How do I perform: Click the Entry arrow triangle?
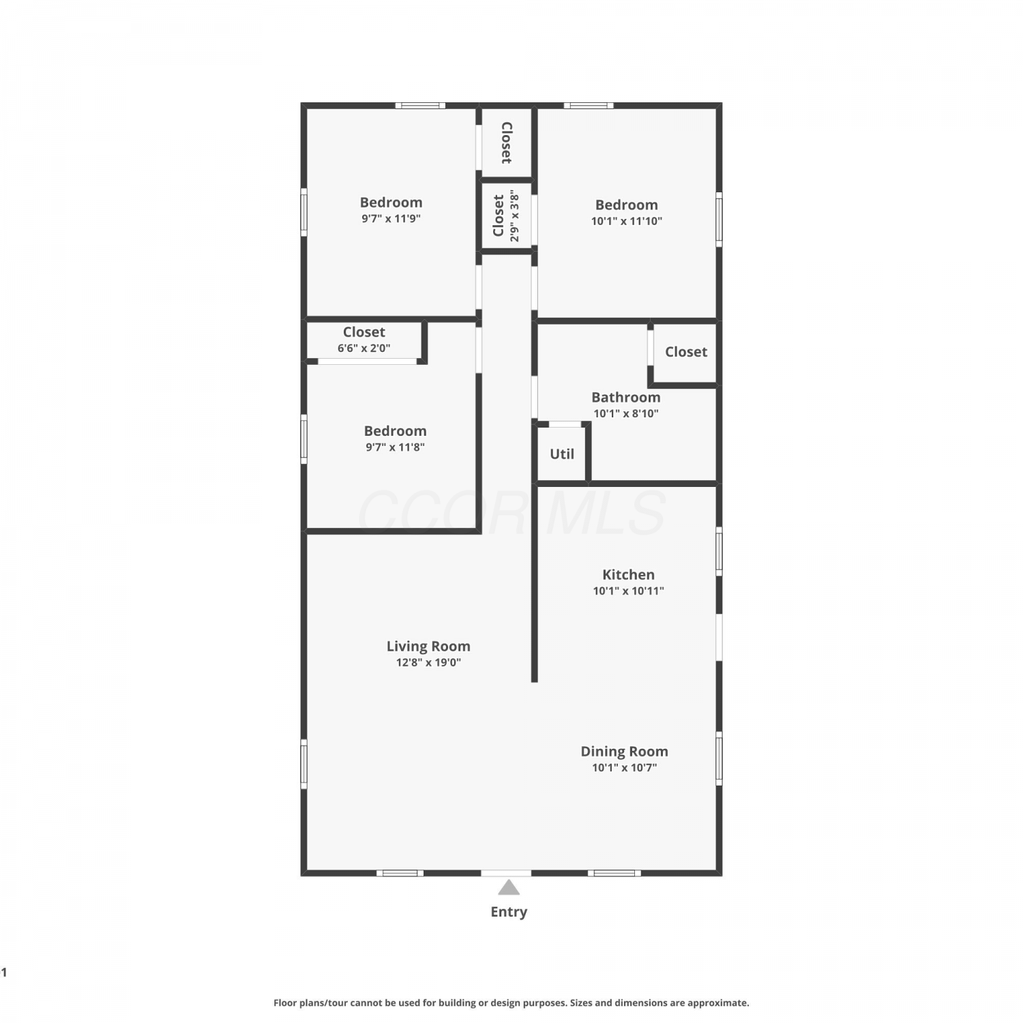[x=509, y=887]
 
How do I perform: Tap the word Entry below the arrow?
[x=509, y=912]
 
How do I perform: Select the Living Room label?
[x=428, y=646]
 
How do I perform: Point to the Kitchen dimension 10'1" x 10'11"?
[x=628, y=591]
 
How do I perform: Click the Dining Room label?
[x=624, y=751]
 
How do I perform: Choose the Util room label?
[x=562, y=454]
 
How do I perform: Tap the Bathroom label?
[x=625, y=397]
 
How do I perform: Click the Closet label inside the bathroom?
[x=686, y=351]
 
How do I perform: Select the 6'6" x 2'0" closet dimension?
[x=364, y=348]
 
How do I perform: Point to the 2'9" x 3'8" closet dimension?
[x=514, y=216]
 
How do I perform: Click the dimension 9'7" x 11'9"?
[x=391, y=218]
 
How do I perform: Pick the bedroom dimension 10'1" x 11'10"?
[x=626, y=221]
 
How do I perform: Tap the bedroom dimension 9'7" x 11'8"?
[x=395, y=447]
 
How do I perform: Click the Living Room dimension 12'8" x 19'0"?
[x=428, y=662]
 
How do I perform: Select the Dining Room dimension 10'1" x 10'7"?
[x=624, y=767]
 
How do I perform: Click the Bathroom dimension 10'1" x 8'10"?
[x=625, y=413]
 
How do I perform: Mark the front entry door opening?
[x=506, y=873]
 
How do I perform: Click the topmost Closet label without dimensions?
[x=506, y=143]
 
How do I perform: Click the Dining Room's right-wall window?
[x=719, y=758]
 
